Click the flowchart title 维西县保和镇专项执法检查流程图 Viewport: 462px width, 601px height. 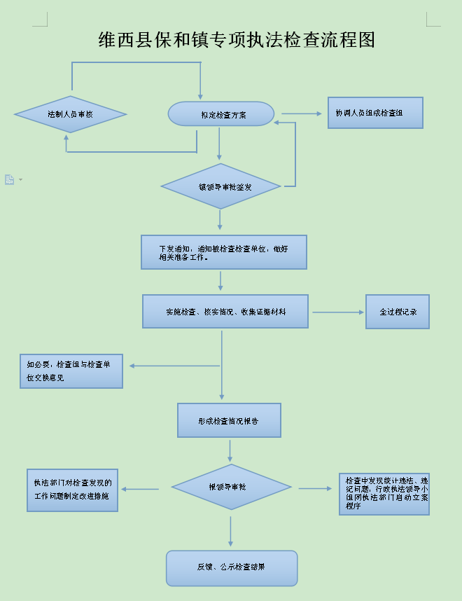tap(237, 40)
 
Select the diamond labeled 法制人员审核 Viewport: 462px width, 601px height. tap(70, 114)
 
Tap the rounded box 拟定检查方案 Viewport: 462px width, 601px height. tap(221, 114)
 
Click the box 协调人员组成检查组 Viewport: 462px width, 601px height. tap(375, 113)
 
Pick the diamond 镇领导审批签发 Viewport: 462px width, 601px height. tap(220, 186)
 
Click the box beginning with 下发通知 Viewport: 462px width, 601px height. tap(223, 252)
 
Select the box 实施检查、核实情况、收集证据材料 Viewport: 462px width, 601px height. tap(225, 311)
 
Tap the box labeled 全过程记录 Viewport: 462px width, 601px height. tap(397, 312)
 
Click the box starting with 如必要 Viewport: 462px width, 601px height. tap(71, 371)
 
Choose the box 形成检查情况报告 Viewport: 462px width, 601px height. tap(229, 420)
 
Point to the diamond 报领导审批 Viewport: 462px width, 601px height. tap(231, 487)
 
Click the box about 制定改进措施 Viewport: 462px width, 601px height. tap(72, 490)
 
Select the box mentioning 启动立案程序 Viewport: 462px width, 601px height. tap(384, 494)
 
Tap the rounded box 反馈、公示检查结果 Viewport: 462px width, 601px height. tap(231, 567)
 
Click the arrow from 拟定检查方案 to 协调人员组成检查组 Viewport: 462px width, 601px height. tap(300, 113)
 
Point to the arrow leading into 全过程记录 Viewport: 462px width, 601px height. tap(337, 312)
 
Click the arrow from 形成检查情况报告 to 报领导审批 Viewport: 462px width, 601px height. tap(230, 450)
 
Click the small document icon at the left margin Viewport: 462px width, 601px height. tap(10, 179)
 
